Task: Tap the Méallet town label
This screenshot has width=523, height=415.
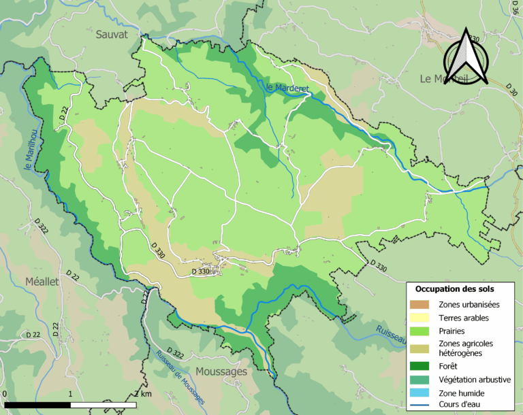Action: (42, 281)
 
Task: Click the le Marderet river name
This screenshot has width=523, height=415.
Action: (283, 88)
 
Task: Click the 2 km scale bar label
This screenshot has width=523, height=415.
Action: (142, 394)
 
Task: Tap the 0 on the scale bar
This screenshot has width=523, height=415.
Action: (5, 394)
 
